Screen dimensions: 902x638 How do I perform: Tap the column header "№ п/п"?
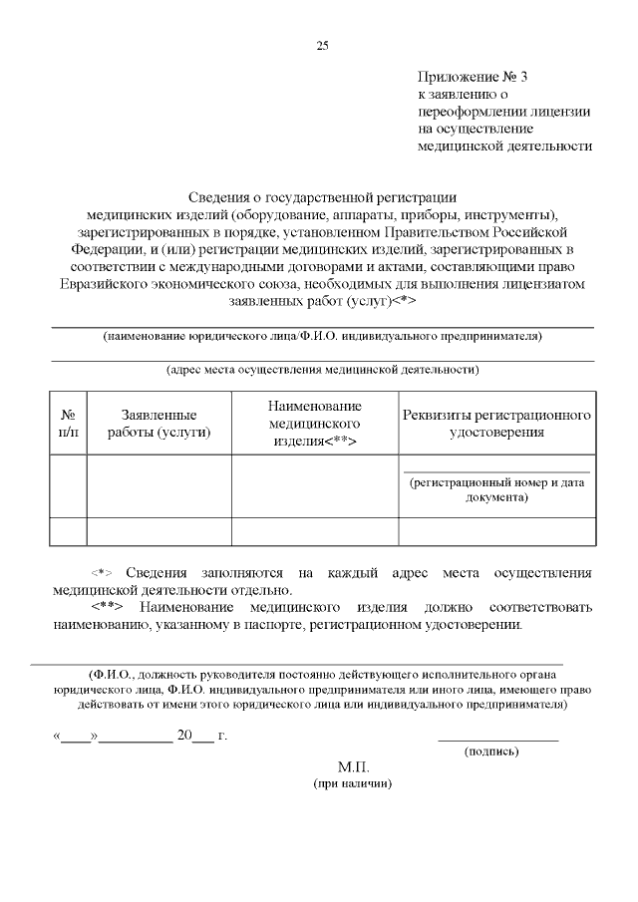click(x=69, y=423)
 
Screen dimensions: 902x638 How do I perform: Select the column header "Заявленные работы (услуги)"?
click(x=159, y=423)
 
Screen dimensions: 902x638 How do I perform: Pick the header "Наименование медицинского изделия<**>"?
click(x=314, y=423)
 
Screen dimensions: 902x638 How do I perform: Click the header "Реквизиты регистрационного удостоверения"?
click(x=496, y=423)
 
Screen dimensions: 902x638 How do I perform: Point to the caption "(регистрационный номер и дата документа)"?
click(x=496, y=488)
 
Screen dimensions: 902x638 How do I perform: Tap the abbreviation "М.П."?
click(x=353, y=767)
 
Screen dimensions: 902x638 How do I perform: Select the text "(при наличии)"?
click(x=353, y=784)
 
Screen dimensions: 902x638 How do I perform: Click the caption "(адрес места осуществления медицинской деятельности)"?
click(x=322, y=370)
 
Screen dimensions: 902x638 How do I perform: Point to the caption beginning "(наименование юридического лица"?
click(x=322, y=336)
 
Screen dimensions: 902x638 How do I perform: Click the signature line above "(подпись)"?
click(x=497, y=739)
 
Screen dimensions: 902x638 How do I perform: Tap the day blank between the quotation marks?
click(x=75, y=738)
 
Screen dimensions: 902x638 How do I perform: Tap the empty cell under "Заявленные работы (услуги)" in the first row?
click(x=159, y=485)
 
